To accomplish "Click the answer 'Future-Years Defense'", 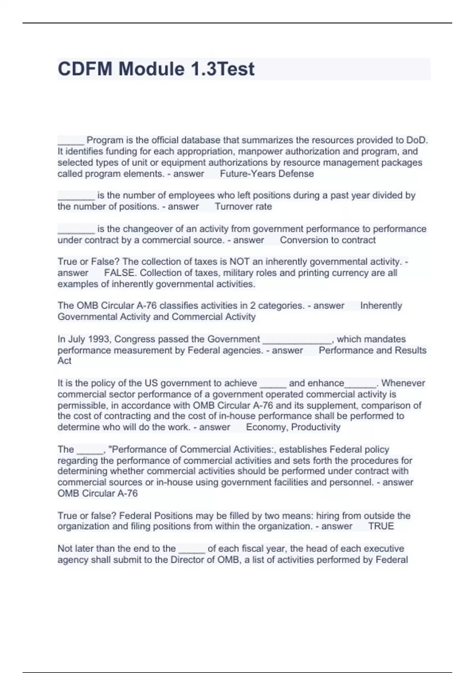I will click(x=267, y=174).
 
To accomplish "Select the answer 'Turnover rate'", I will click(x=243, y=207).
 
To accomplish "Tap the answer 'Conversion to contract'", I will click(x=327, y=240).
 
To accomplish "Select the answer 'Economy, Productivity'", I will click(x=293, y=427).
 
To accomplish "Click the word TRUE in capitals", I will click(x=381, y=527).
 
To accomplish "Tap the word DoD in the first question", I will click(x=417, y=140).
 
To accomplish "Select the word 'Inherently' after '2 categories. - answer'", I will click(x=381, y=306).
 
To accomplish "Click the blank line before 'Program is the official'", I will click(x=70, y=141).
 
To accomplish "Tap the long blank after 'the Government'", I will click(x=297, y=340).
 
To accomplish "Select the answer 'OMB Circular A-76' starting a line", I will click(x=97, y=493).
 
